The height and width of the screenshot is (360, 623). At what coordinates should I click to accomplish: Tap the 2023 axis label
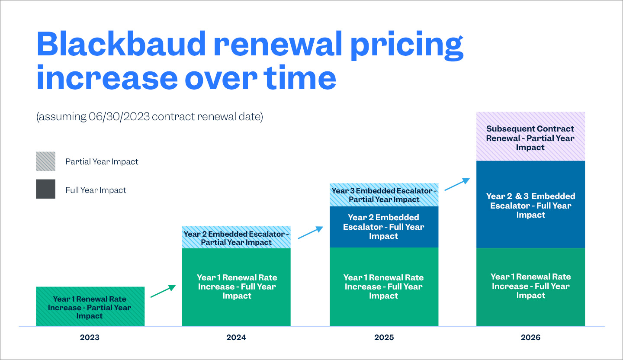tap(90, 337)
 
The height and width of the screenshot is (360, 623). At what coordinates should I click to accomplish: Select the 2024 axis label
tap(236, 337)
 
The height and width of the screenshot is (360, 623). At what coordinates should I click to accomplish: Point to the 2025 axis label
tap(384, 337)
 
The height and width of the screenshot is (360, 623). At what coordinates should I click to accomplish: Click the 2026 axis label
tap(531, 337)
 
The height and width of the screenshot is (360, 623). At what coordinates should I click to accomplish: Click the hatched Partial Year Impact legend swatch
tap(45, 161)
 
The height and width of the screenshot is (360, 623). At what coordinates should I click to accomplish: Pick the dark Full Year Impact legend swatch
tap(45, 189)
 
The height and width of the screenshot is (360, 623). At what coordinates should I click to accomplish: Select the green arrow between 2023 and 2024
tap(163, 291)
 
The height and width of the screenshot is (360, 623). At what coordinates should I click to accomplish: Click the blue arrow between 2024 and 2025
tap(310, 232)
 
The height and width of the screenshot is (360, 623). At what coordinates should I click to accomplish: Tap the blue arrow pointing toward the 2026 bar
tap(457, 184)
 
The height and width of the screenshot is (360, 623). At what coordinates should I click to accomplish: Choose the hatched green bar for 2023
tap(90, 306)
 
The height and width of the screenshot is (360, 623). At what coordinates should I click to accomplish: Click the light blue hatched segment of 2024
tap(236, 237)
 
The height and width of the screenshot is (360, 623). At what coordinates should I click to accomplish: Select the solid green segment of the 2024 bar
tap(236, 286)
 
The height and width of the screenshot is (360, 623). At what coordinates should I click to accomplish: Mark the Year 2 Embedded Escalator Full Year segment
tap(384, 227)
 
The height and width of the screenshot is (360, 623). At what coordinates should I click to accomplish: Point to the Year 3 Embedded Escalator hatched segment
tap(384, 195)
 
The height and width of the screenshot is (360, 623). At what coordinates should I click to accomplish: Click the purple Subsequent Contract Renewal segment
tap(530, 137)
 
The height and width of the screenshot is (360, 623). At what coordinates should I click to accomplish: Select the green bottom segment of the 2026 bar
tap(530, 286)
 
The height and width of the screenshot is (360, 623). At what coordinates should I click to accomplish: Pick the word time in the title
tap(299, 79)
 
